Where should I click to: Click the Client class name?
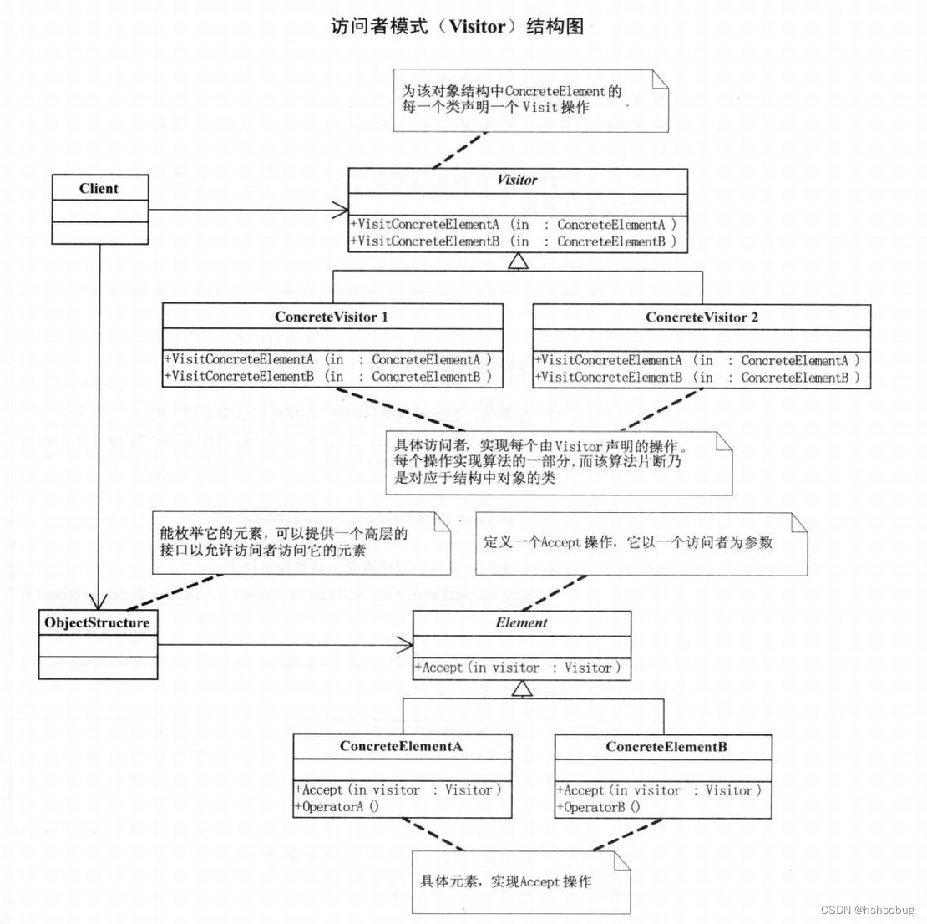[x=99, y=189]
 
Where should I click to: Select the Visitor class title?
[x=518, y=180]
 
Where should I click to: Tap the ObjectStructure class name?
[x=98, y=623]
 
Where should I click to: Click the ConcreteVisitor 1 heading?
[x=332, y=317]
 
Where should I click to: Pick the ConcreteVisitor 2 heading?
[x=702, y=317]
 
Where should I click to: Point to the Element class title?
[x=522, y=623]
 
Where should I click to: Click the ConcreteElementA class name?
[x=402, y=747]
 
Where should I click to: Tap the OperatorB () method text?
[x=599, y=807]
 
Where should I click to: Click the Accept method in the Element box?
[x=518, y=668]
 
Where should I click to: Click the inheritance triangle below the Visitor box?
[x=519, y=262]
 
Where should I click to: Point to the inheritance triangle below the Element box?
[x=522, y=688]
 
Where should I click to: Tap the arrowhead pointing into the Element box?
[x=405, y=644]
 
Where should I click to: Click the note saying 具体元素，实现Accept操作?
[x=505, y=882]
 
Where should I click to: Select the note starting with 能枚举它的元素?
[x=284, y=541]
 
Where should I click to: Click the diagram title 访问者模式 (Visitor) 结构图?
[x=457, y=27]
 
